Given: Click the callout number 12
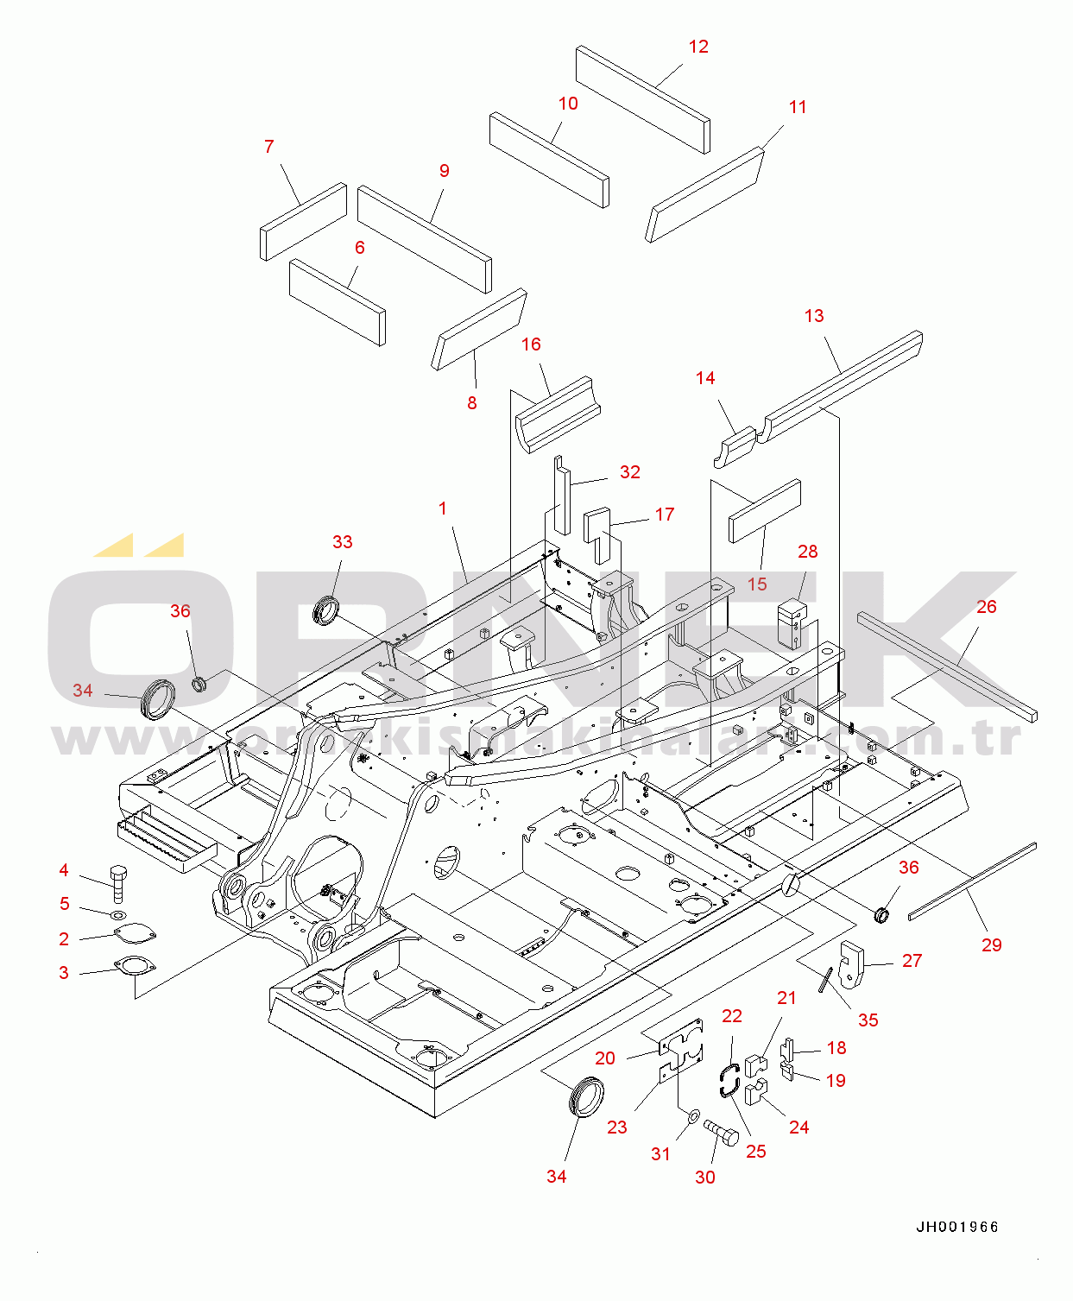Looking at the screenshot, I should [698, 47].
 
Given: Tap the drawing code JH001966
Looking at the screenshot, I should [957, 1227].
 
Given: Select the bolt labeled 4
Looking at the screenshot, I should [118, 881].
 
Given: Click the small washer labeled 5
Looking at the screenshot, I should [117, 914].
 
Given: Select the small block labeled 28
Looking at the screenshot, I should [792, 623].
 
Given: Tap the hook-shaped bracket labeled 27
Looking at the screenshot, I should [851, 963].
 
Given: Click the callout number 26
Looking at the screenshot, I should [986, 607].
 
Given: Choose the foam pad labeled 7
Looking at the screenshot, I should [303, 221].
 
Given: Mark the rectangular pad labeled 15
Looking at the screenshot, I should [765, 511].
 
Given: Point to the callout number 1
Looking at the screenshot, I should [443, 508].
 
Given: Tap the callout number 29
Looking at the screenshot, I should [991, 944].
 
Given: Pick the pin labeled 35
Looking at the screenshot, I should [826, 980].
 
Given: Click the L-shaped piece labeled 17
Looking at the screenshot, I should [596, 532].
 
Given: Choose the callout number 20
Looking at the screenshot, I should [605, 1058].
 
